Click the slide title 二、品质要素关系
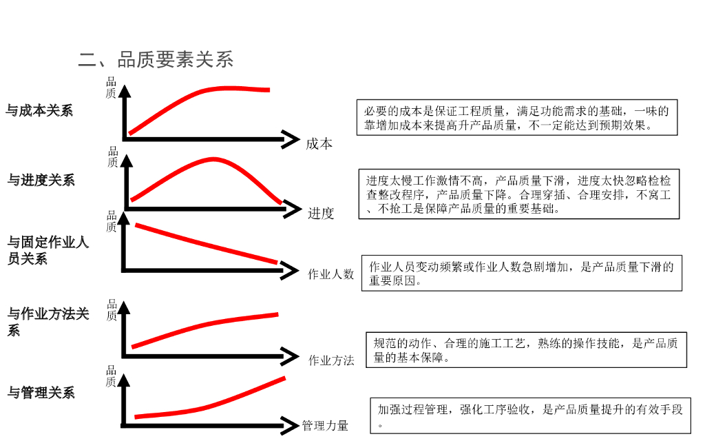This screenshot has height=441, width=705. (156, 59)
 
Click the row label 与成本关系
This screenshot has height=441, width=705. (39, 110)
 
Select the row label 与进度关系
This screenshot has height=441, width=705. (41, 181)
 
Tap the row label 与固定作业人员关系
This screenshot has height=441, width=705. (48, 251)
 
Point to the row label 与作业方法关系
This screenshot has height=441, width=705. (48, 322)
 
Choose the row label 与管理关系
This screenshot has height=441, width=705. (41, 393)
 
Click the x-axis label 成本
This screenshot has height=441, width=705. (319, 143)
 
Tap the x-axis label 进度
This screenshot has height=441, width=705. (321, 213)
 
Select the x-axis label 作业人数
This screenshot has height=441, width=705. (330, 274)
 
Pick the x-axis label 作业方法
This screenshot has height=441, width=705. (330, 360)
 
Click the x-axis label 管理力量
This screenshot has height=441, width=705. (325, 426)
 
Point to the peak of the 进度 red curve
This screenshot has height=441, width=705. (211, 159)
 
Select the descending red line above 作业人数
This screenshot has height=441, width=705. (207, 243)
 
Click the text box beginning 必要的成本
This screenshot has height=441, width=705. (517, 118)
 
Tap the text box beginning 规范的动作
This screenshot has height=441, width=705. (525, 349)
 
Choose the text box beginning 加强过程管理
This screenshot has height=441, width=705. (529, 416)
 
